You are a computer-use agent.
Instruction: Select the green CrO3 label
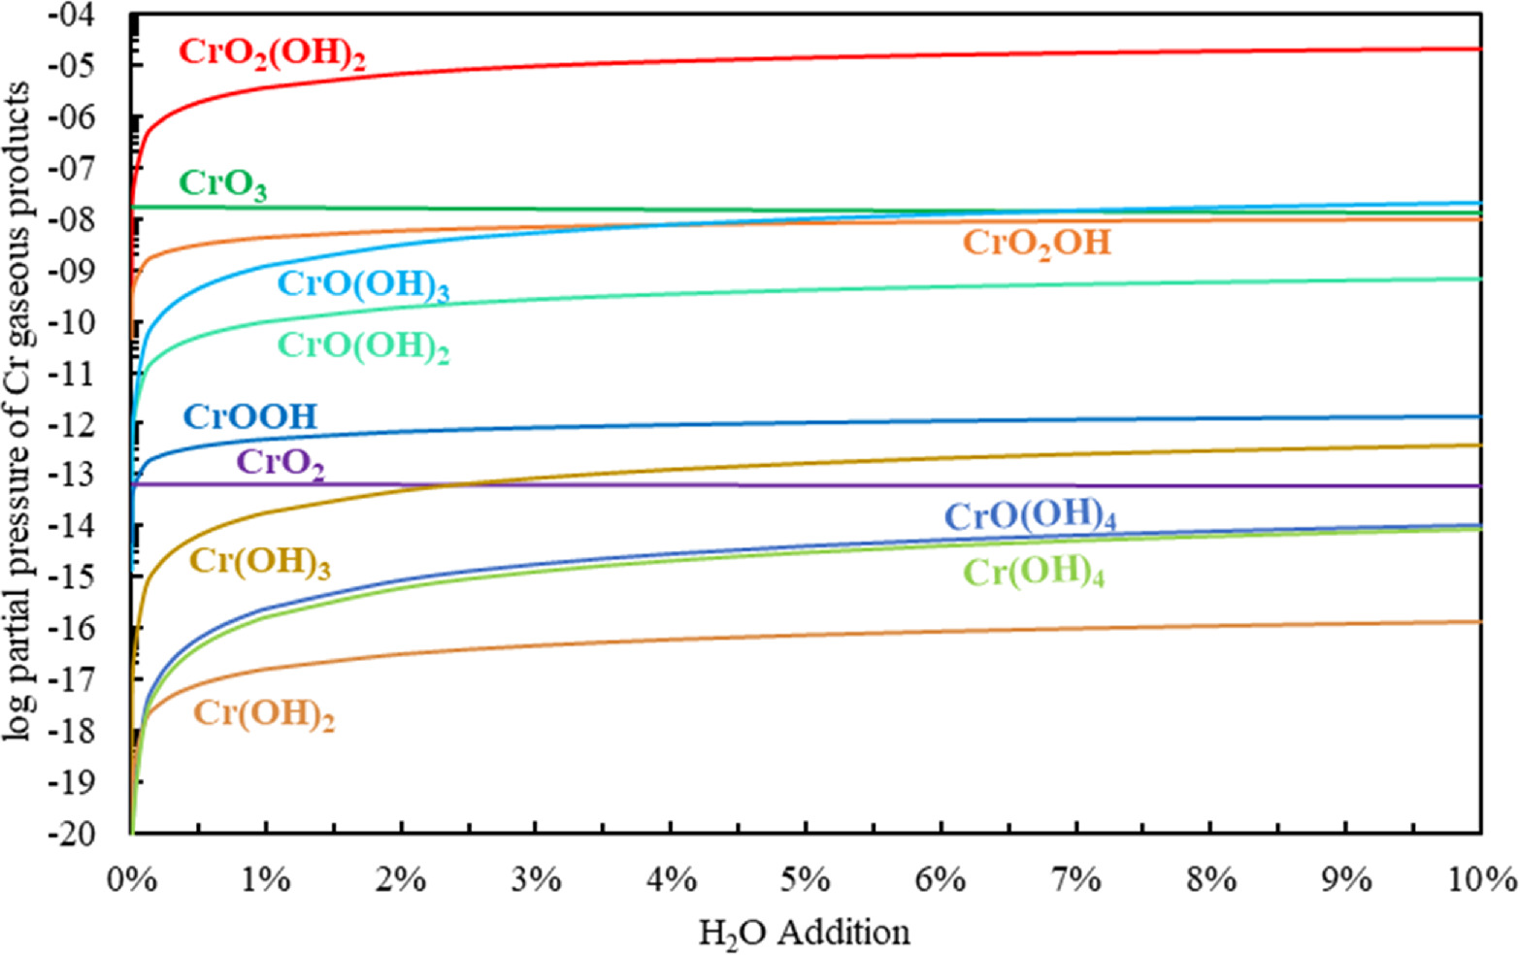[x=222, y=184]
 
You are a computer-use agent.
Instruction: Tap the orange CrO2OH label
[x=1036, y=243]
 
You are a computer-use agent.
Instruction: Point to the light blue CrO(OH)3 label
[x=363, y=285]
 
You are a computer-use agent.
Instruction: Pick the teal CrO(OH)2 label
[x=363, y=346]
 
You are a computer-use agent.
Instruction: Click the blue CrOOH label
[x=250, y=416]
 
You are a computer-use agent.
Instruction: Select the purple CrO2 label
[x=280, y=463]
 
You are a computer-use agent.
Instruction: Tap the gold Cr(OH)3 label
[x=259, y=563]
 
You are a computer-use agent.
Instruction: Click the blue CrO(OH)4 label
[x=1030, y=516]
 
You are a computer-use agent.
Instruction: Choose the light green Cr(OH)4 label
[x=1033, y=573]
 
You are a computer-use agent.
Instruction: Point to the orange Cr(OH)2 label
[x=264, y=714]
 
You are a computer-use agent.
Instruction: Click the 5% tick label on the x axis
[x=805, y=880]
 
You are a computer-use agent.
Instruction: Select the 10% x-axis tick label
[x=1479, y=880]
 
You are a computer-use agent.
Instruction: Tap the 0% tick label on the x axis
[x=130, y=880]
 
